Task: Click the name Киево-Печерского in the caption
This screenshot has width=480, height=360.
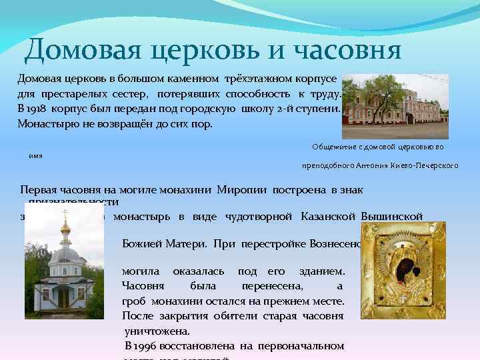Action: click(430, 165)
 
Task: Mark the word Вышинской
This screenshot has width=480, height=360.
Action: click(392, 216)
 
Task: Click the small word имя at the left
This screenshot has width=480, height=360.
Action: click(35, 155)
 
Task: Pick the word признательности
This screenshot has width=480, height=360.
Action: click(73, 201)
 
